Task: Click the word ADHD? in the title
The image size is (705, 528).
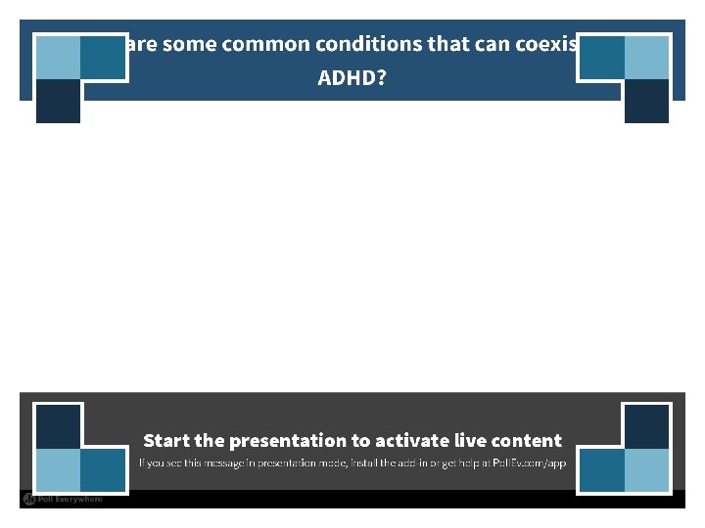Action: click(x=352, y=77)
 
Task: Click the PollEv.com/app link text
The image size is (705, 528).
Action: click(x=530, y=462)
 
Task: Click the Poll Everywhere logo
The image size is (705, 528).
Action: click(x=63, y=500)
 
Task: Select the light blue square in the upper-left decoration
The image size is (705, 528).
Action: click(x=58, y=57)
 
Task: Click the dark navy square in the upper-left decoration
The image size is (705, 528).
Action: click(x=58, y=102)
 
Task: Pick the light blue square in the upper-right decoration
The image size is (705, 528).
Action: click(x=646, y=57)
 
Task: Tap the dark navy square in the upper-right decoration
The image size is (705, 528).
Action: click(x=646, y=102)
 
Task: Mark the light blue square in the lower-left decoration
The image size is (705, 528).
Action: click(x=58, y=470)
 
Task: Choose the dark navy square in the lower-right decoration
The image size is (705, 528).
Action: click(x=646, y=426)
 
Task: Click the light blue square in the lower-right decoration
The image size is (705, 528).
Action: click(x=646, y=470)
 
